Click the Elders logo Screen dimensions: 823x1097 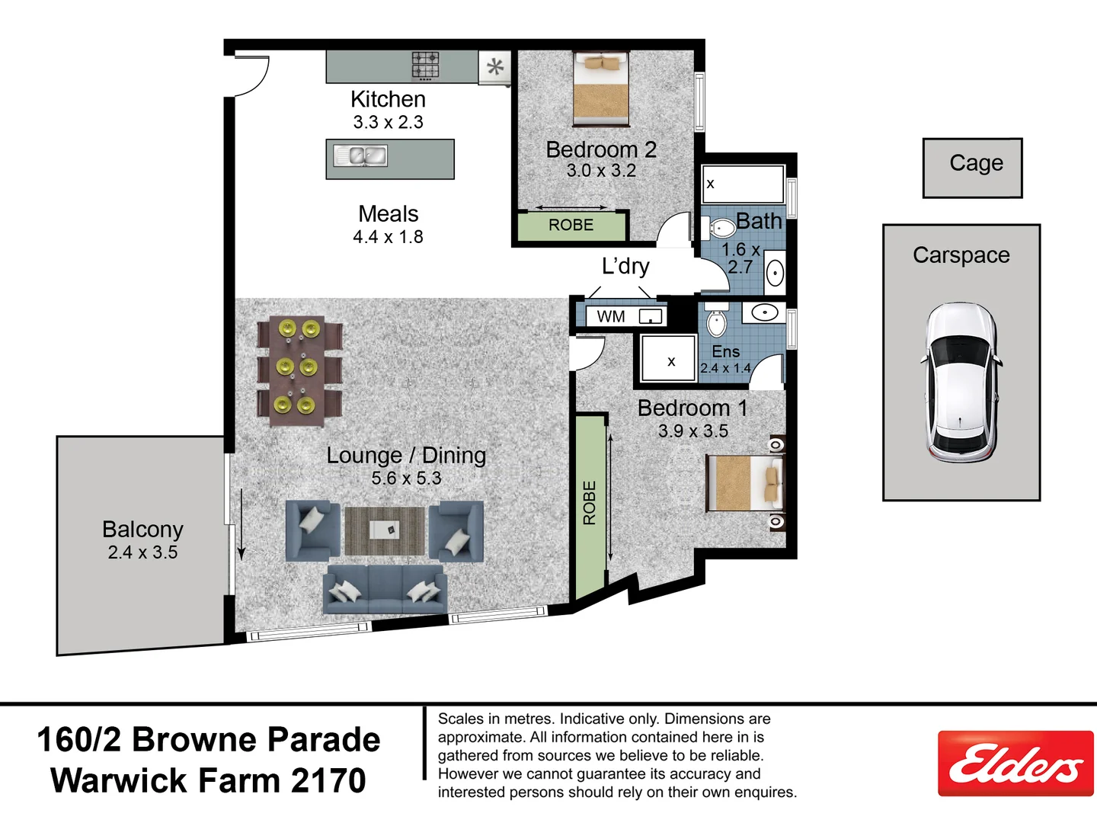(x=1015, y=764)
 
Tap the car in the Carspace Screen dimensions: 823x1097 (x=961, y=383)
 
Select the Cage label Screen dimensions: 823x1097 (x=976, y=163)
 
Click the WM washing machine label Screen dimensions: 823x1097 (x=611, y=316)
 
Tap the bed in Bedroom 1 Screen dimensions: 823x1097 (x=745, y=483)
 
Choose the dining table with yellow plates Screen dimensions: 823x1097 (x=299, y=368)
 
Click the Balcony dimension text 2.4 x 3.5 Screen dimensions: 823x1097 (x=142, y=552)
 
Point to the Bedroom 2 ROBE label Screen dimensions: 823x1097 (x=571, y=225)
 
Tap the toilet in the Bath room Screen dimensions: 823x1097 (x=719, y=227)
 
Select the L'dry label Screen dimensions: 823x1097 (x=625, y=266)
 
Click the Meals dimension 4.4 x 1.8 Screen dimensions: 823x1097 (x=388, y=237)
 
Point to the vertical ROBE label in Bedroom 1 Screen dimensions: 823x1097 (x=589, y=503)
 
